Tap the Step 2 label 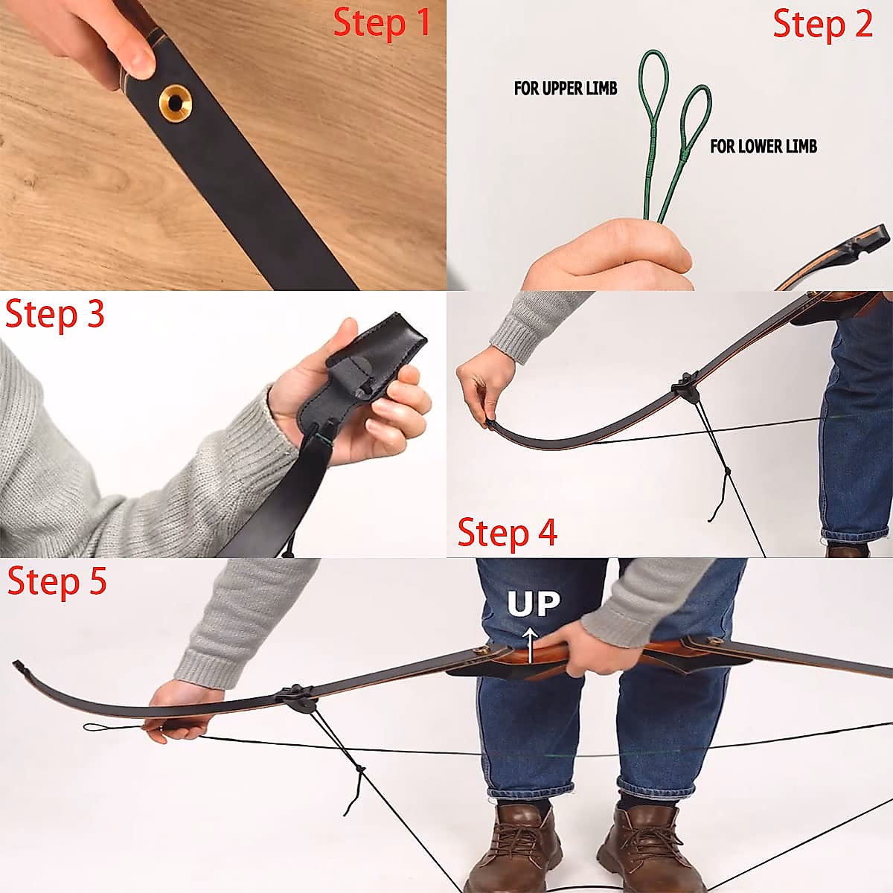coord(822,25)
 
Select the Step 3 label coord(55,315)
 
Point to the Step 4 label coord(507,534)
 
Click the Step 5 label coord(57,581)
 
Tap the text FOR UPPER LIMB coord(566,89)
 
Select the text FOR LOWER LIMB coord(763,147)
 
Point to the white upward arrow coord(530,644)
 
